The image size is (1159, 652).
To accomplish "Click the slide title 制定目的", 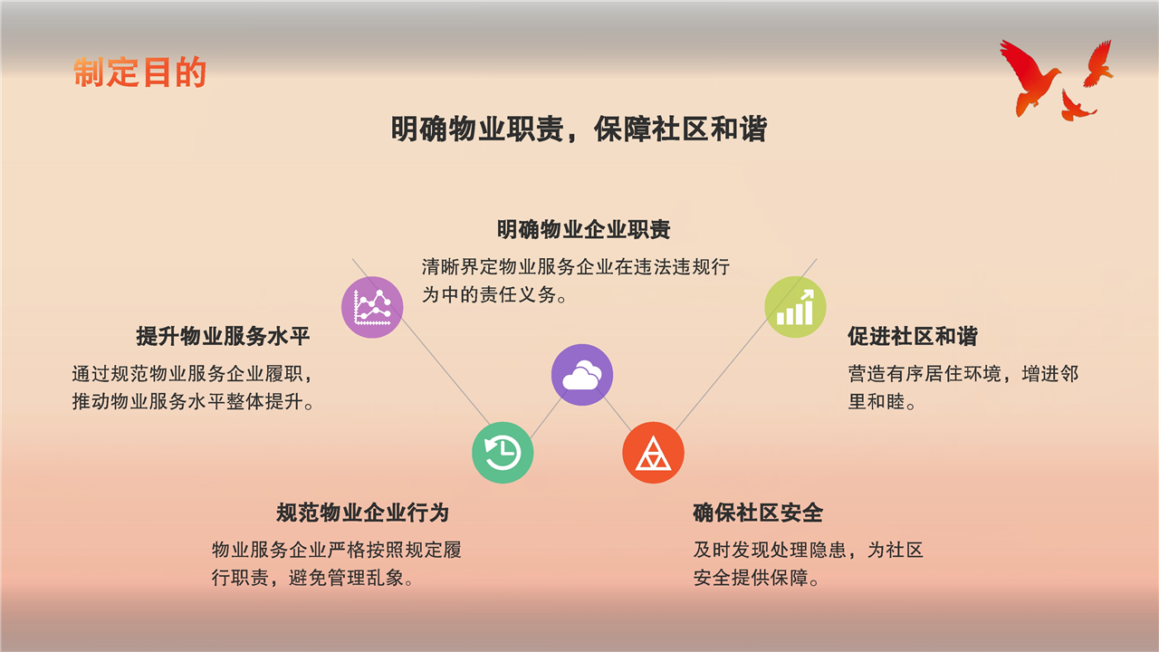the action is pos(139,72).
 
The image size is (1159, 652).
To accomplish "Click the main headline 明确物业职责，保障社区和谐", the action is pos(579,129).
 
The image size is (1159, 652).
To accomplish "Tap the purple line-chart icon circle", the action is pos(372,307).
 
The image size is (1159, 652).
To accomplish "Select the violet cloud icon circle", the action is pos(582,375).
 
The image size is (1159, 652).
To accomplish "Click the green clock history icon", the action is pos(503,453).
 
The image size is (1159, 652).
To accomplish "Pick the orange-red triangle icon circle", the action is pos(653,453).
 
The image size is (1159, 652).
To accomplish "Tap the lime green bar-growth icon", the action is pos(795,307).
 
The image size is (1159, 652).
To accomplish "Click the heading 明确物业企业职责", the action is pos(584,229).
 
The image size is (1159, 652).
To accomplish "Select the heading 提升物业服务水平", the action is pos(223,336).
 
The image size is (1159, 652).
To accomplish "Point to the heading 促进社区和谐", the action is pos(913,336).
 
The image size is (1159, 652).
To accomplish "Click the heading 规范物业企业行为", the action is pos(363,513).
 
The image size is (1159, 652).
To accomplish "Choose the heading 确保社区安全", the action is pos(758,513).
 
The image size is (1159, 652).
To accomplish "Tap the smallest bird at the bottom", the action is pos(1077,106).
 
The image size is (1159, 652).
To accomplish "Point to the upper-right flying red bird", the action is pos(1098,63).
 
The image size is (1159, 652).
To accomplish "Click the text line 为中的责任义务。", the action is pos(494,295).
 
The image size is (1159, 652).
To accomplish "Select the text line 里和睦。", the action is pos(882,401).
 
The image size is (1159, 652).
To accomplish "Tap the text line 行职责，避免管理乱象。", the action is pos(312,578).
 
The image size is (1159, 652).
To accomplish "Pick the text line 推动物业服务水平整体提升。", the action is pos(193,401).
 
